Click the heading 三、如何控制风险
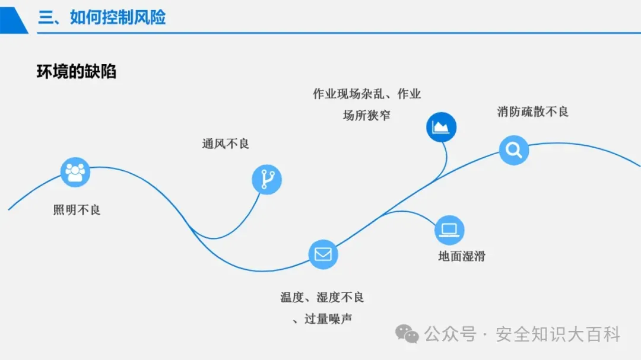click(102, 17)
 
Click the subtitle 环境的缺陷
click(77, 72)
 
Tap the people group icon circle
click(75, 172)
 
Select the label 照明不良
click(77, 209)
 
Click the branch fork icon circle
click(266, 179)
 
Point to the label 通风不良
click(226, 144)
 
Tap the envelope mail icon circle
click(323, 254)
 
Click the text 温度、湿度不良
click(322, 297)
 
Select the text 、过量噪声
click(322, 318)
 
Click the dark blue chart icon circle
click(441, 126)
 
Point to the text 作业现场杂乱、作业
click(367, 94)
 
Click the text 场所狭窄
click(367, 115)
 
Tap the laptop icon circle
click(449, 230)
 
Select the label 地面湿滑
click(462, 256)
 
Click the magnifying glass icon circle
click(513, 149)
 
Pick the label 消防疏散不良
click(532, 111)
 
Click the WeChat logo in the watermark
click(407, 333)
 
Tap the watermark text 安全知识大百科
click(558, 334)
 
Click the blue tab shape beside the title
click(13, 17)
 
